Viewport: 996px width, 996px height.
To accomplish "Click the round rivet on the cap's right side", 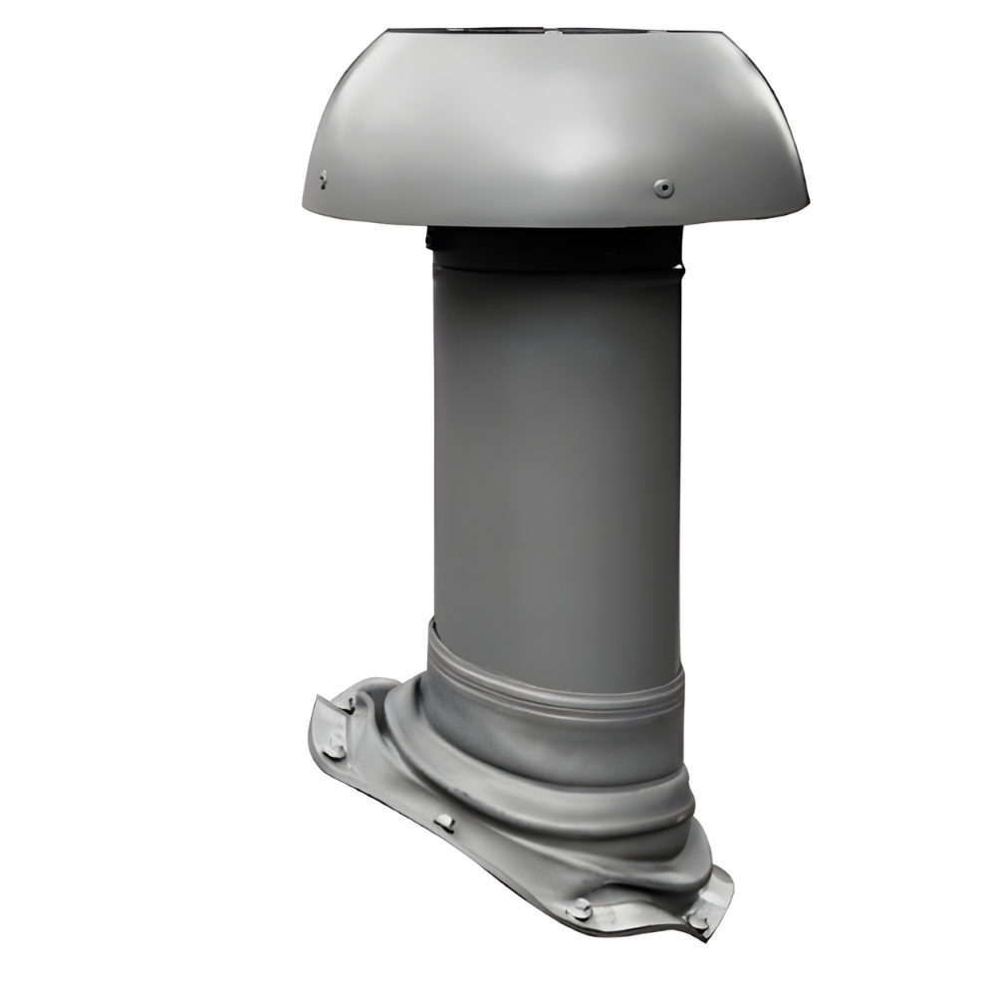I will (x=663, y=186).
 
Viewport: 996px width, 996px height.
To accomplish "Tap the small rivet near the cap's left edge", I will (x=323, y=179).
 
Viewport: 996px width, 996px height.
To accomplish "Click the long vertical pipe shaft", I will (x=556, y=438).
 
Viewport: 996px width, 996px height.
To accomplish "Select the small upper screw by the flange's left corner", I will (x=350, y=703).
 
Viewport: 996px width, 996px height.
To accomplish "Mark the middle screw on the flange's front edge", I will (x=445, y=822).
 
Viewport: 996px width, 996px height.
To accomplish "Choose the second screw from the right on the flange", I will (x=581, y=907).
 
